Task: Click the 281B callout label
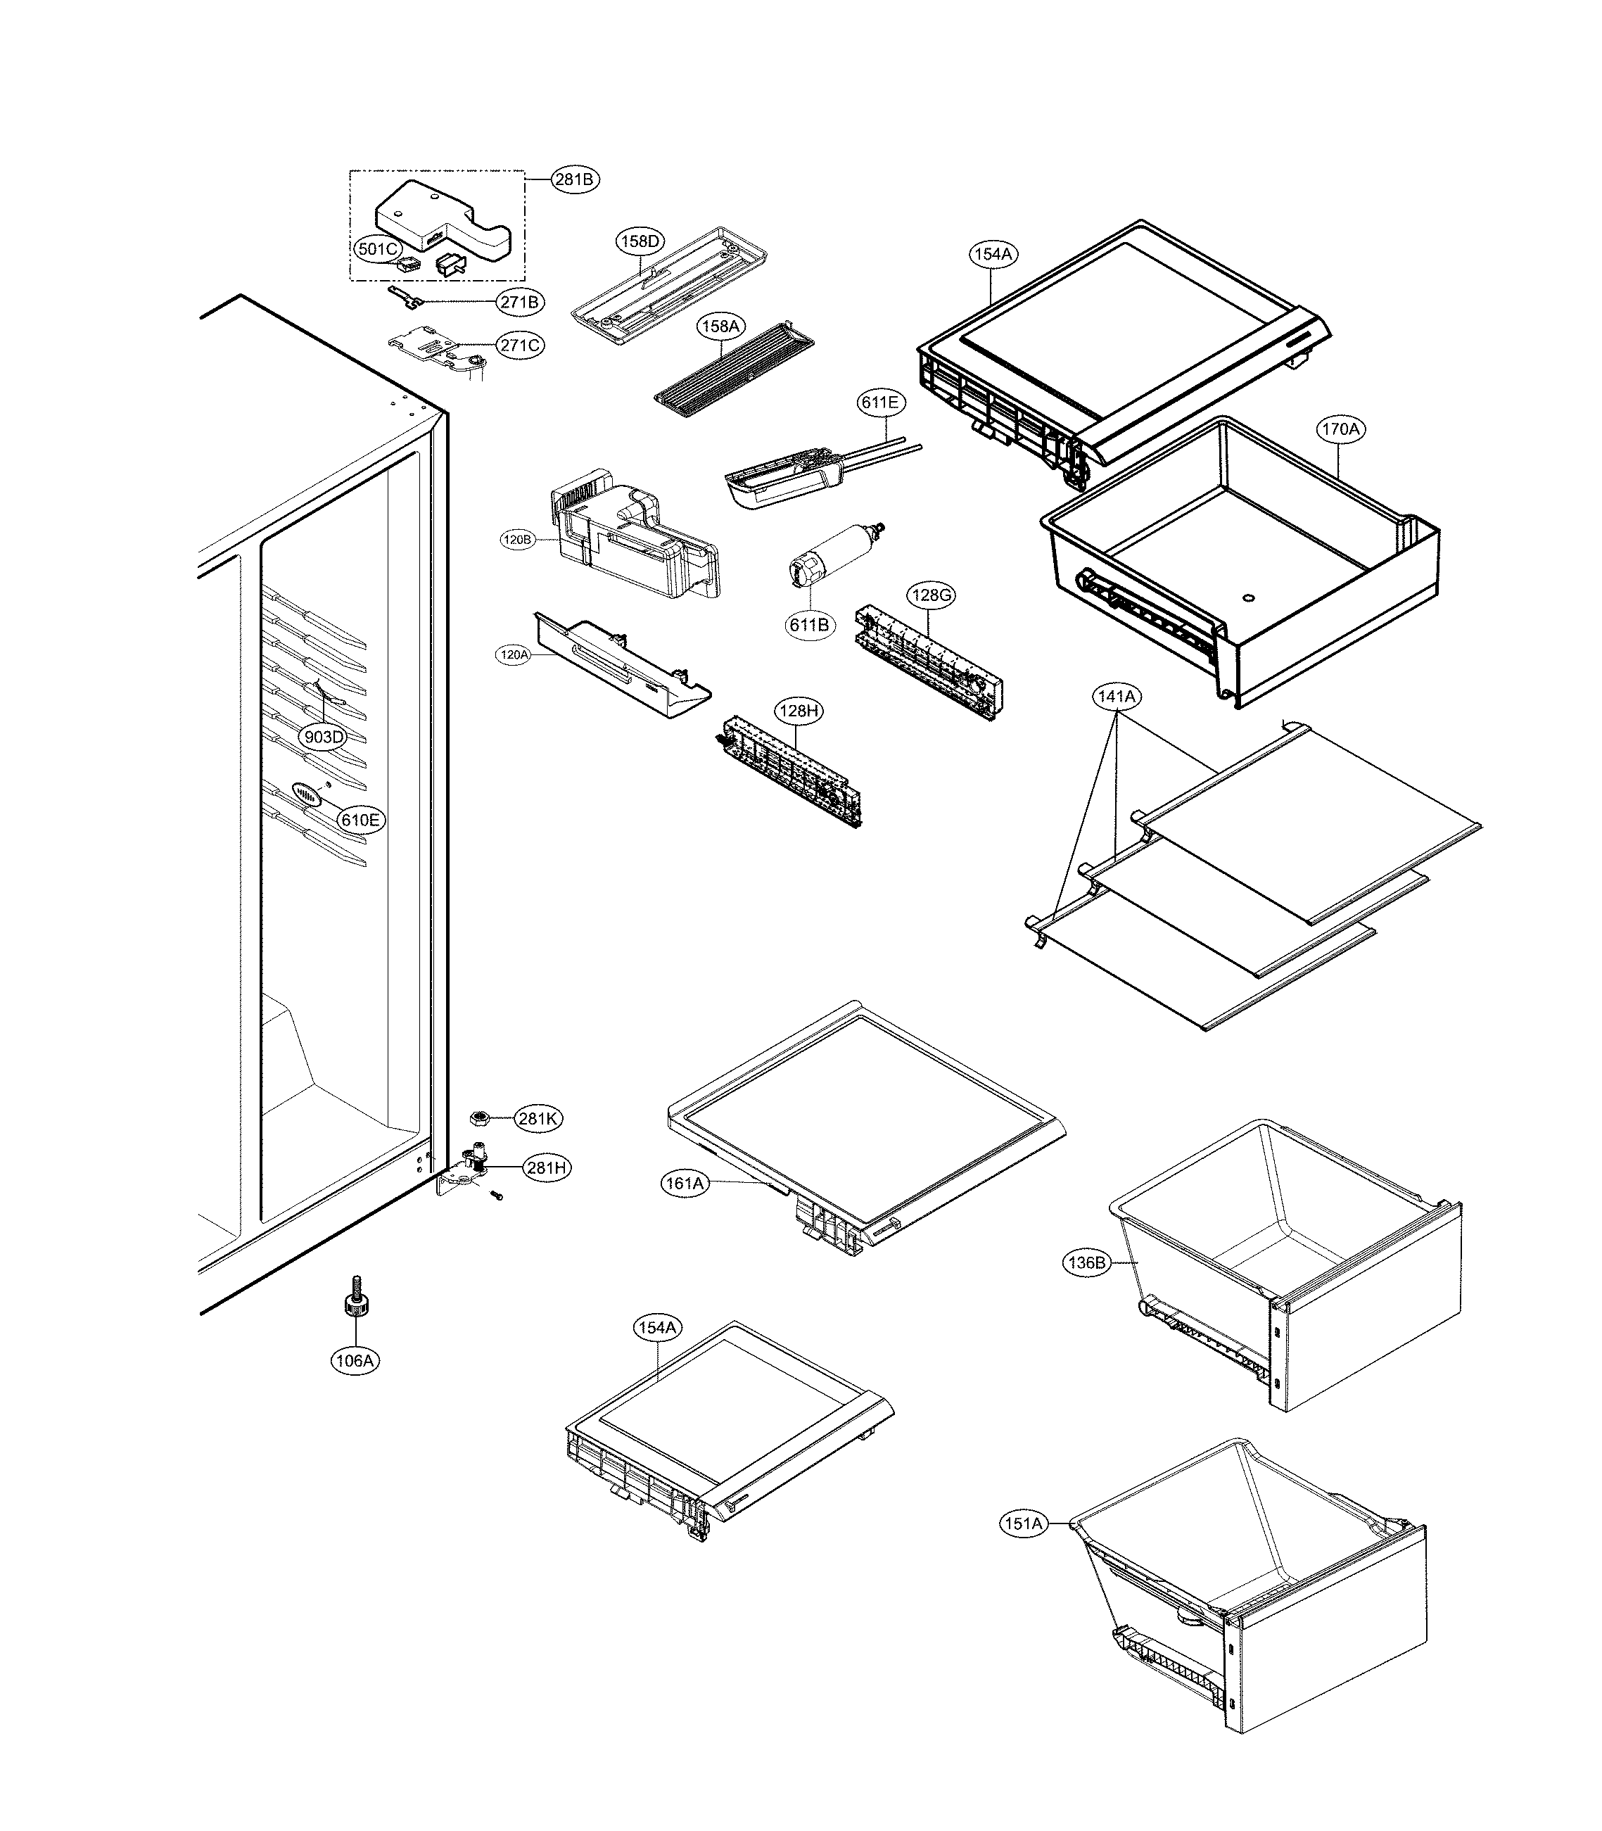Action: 575,179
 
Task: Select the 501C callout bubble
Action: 377,249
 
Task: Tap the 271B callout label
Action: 519,302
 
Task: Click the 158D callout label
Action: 641,241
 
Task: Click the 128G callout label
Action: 932,595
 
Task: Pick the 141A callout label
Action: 1117,697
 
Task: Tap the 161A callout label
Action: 685,1184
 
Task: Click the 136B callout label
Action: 1086,1263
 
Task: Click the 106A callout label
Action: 354,1361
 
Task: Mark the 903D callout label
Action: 324,737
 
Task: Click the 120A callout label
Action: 514,654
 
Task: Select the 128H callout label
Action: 799,711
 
